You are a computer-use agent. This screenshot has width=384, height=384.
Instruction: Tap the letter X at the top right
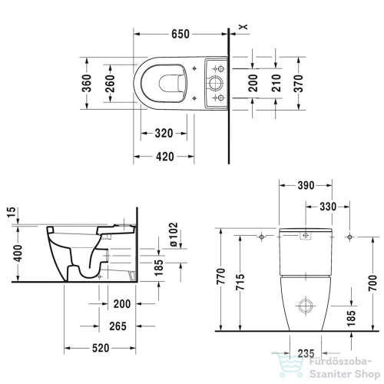click(x=243, y=28)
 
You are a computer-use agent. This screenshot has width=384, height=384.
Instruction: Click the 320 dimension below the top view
click(x=161, y=133)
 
